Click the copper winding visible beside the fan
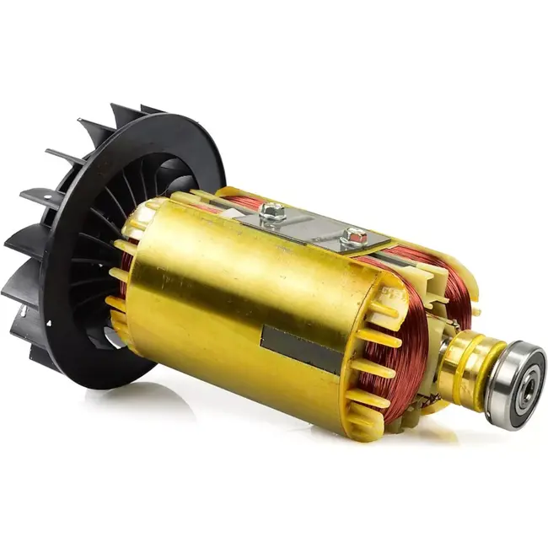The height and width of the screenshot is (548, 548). coord(125,270)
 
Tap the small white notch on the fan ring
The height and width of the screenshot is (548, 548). coord(48,322)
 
